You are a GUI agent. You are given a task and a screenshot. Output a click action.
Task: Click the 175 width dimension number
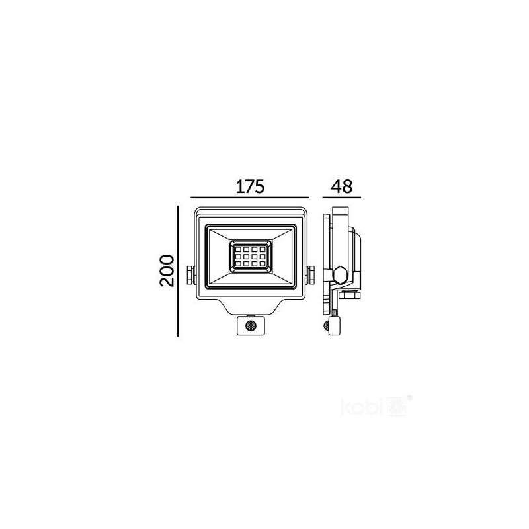(x=250, y=186)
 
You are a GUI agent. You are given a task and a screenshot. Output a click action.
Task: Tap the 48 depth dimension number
(x=341, y=186)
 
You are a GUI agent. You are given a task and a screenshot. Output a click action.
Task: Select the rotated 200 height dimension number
(x=167, y=271)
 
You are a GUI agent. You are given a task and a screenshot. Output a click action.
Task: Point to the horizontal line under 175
(x=250, y=197)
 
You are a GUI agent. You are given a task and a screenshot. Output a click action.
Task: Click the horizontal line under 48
(x=341, y=197)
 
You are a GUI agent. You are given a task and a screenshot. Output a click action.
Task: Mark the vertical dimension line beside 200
(x=178, y=271)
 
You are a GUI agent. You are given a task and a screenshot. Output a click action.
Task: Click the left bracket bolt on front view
(x=190, y=275)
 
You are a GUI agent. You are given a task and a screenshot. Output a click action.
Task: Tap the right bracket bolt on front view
(x=311, y=275)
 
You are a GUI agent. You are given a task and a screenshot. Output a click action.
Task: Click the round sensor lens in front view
(x=251, y=325)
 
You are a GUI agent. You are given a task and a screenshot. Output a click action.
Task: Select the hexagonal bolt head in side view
(x=339, y=275)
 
